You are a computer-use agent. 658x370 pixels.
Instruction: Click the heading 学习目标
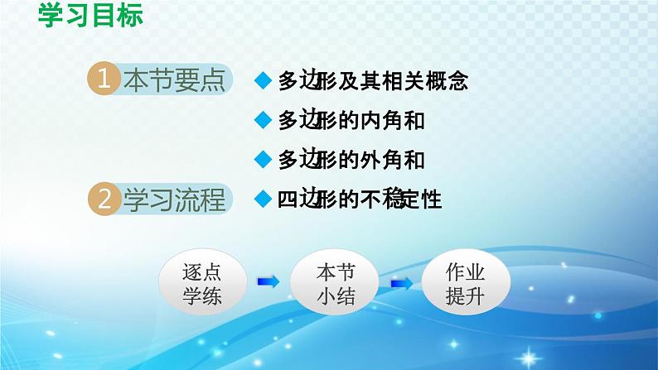pyautogui.click(x=91, y=17)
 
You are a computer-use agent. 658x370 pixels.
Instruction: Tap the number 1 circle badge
pyautogui.click(x=104, y=81)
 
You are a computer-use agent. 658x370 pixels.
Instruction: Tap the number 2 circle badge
pyautogui.click(x=104, y=199)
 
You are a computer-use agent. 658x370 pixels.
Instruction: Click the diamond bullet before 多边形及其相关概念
pyautogui.click(x=264, y=81)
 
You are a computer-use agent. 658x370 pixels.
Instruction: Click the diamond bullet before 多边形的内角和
pyautogui.click(x=264, y=120)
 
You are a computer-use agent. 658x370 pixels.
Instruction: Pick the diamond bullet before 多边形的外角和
pyautogui.click(x=264, y=159)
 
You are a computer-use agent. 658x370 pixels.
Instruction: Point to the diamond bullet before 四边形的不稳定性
pyautogui.click(x=264, y=199)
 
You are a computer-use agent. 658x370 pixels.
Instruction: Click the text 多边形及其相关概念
pyautogui.click(x=373, y=81)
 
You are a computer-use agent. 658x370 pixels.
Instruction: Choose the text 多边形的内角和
pyautogui.click(x=351, y=120)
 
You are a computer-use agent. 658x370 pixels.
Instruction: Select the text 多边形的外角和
pyautogui.click(x=351, y=159)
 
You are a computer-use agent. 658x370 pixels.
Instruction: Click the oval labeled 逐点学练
pyautogui.click(x=201, y=283)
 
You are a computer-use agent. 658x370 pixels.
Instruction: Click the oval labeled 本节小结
pyautogui.click(x=336, y=283)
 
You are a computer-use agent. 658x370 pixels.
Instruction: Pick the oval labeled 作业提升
pyautogui.click(x=464, y=283)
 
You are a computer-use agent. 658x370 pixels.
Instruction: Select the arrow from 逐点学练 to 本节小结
pyautogui.click(x=269, y=283)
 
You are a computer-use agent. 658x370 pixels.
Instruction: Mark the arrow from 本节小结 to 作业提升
pyautogui.click(x=402, y=283)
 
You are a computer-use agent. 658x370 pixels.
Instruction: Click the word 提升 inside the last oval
pyautogui.click(x=464, y=296)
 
